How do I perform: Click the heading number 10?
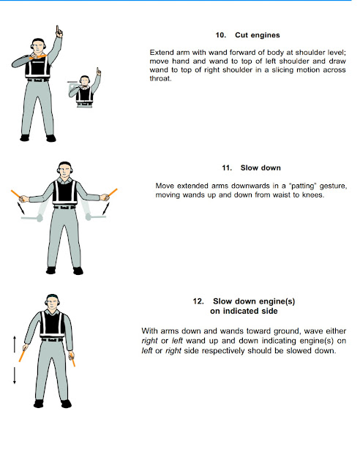(x=220, y=35)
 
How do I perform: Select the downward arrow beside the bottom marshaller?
(x=15, y=377)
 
